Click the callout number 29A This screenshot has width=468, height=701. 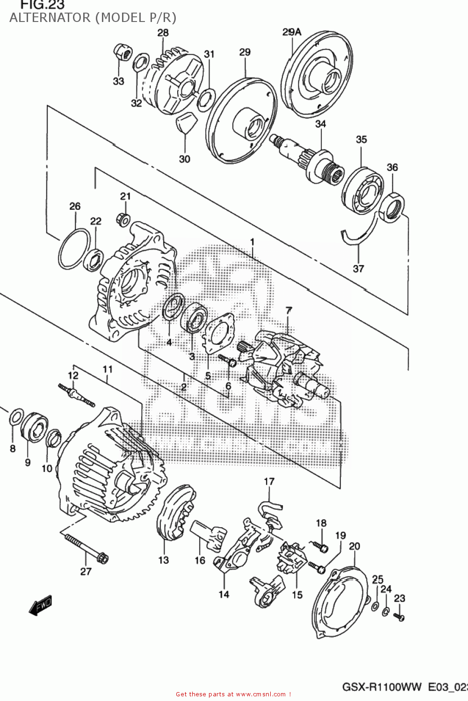(x=292, y=32)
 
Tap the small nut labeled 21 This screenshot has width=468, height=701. (x=124, y=218)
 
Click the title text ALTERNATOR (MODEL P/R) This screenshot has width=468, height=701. (x=93, y=18)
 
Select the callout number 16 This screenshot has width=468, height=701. (x=200, y=560)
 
